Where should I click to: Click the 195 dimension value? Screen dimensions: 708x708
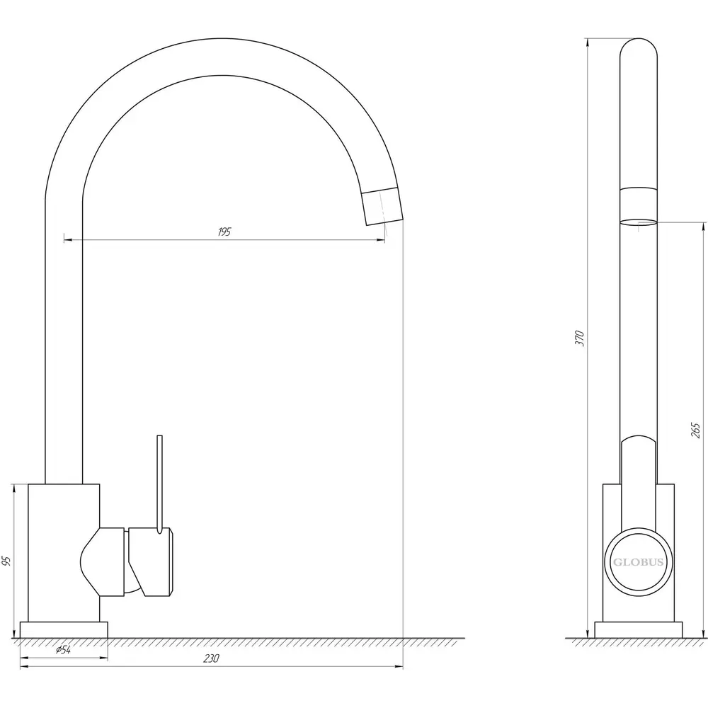224,232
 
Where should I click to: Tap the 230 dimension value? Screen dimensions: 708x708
211,658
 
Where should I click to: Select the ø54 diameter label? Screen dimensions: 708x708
63,650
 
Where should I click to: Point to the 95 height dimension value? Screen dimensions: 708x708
6,561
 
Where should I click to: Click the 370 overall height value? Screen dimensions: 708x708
580,338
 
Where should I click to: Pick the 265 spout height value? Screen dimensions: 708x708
695,430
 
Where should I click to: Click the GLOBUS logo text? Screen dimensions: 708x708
638,562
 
